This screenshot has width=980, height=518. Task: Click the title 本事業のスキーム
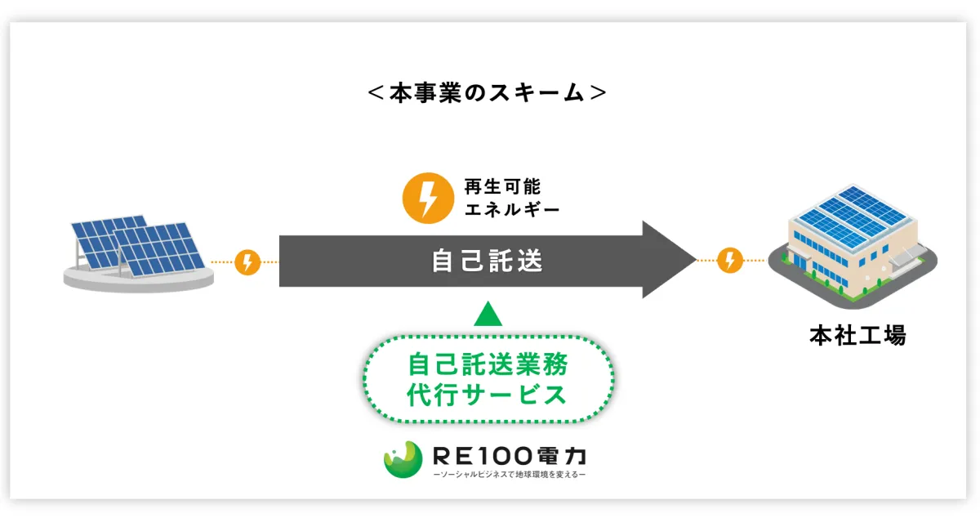point(487,92)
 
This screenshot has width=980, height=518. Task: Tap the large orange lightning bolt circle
point(427,198)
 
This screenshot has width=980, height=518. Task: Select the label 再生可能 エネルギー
point(511,198)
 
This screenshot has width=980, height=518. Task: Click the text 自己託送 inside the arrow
point(487,261)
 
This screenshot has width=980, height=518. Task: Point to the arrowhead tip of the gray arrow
point(696,260)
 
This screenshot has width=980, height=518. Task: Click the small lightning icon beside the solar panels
point(247,262)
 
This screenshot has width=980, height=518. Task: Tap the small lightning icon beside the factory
point(730,260)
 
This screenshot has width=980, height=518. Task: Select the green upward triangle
point(488,314)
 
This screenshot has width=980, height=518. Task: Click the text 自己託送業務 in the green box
point(488,364)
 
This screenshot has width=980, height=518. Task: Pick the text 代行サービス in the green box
point(487,395)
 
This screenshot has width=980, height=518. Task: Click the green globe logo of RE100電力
point(403,459)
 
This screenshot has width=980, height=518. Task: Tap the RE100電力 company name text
point(510,456)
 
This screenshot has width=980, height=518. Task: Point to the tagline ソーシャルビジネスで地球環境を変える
point(510,474)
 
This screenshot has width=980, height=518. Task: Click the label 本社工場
point(858,336)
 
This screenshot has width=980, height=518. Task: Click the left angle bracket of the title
point(376,93)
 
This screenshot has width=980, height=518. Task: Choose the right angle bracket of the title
point(598,93)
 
